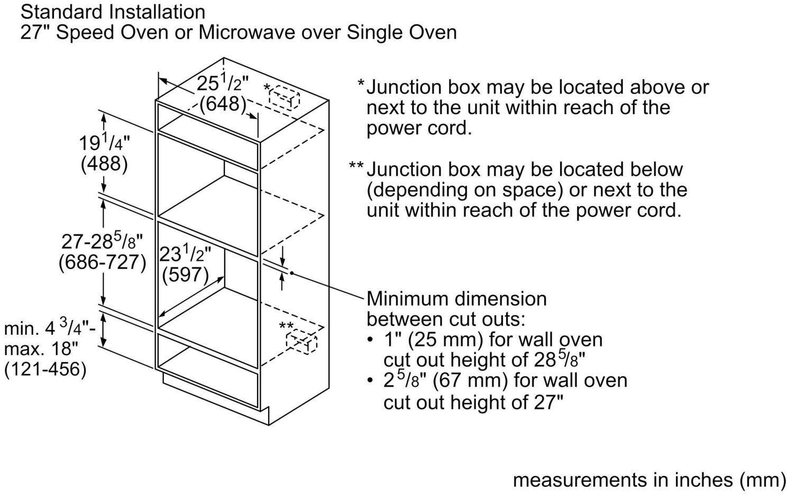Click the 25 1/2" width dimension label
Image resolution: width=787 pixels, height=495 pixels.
point(222,83)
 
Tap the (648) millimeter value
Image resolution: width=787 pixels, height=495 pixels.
point(223,104)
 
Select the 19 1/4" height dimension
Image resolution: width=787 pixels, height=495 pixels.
point(104,143)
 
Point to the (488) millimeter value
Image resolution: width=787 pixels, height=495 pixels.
point(104,164)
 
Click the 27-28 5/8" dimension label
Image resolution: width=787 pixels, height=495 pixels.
point(102,241)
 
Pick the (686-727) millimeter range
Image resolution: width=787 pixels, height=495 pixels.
point(102,262)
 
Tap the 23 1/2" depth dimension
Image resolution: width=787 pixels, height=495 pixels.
point(185,254)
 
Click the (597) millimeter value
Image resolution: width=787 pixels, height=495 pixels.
point(186,274)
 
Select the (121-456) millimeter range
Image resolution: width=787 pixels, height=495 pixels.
point(45,369)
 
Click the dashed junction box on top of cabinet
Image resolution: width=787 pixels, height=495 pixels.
point(284,96)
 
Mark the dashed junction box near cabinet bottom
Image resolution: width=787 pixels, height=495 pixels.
point(301,341)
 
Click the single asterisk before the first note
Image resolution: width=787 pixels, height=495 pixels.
point(361,84)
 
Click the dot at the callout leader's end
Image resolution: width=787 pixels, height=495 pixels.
point(291,272)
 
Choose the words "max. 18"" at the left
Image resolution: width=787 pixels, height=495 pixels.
point(41,349)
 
